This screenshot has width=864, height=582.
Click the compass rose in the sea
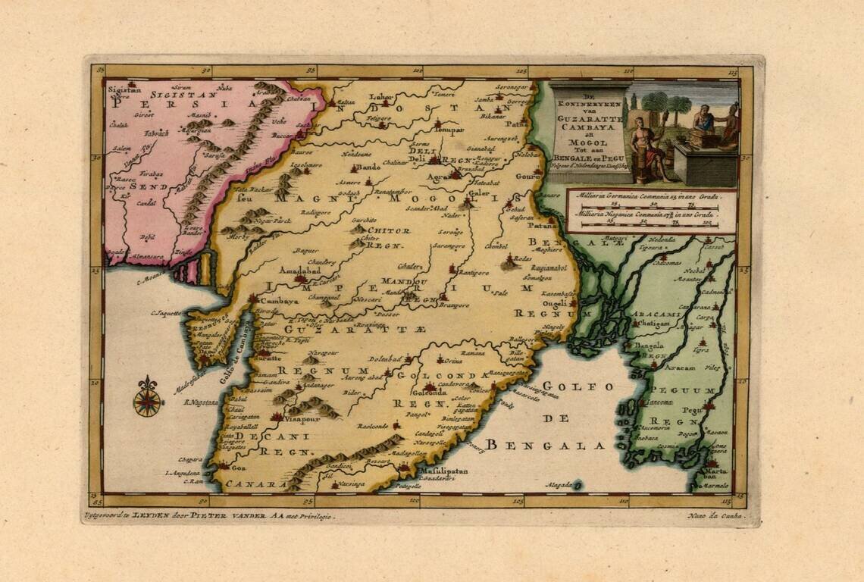click(x=147, y=397)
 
